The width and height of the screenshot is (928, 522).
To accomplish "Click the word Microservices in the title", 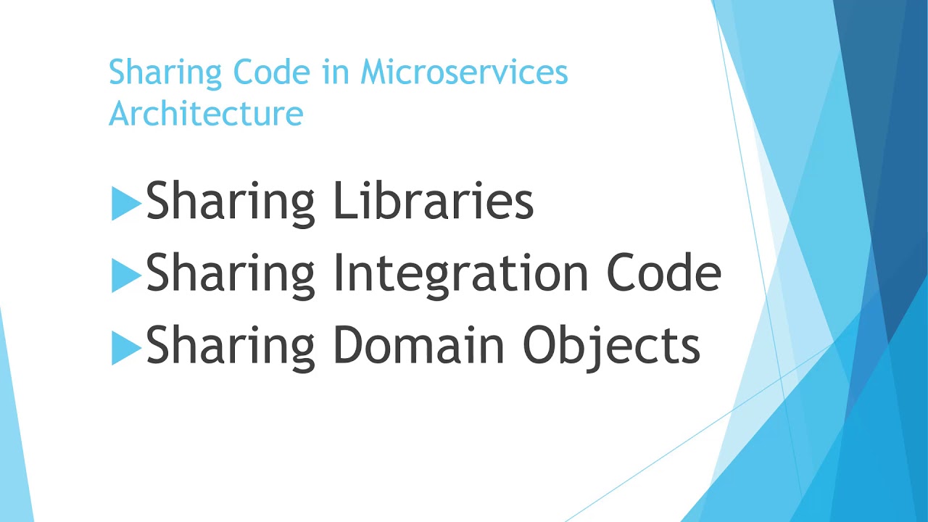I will (x=464, y=72).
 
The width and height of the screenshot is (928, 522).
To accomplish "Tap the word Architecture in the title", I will (x=206, y=114).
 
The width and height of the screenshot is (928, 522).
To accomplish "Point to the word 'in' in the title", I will (x=337, y=72).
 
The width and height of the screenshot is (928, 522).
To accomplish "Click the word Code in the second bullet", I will (x=663, y=273).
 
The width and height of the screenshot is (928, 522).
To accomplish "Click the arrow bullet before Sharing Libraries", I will (x=125, y=204).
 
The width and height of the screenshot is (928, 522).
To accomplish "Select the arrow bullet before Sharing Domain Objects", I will (x=125, y=349).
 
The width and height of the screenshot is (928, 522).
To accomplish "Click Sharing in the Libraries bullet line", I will (x=230, y=203).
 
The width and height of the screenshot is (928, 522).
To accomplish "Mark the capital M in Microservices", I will (x=375, y=72).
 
